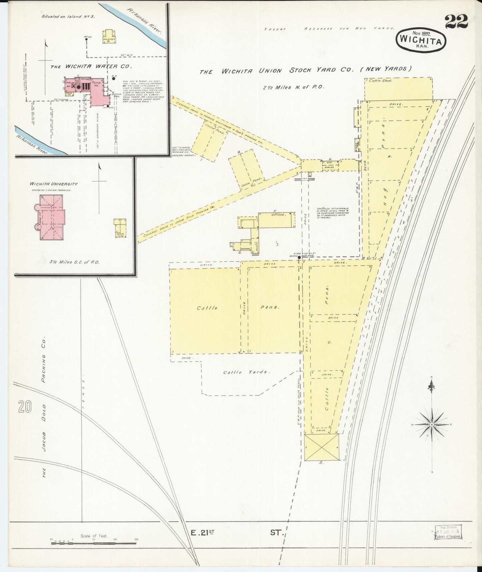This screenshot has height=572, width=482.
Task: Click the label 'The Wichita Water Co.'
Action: click(x=90, y=66)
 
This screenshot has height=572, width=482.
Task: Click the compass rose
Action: click(x=431, y=424)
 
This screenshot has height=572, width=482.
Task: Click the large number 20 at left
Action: click(x=25, y=406)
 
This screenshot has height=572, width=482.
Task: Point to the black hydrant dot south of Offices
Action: click(x=299, y=257)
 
